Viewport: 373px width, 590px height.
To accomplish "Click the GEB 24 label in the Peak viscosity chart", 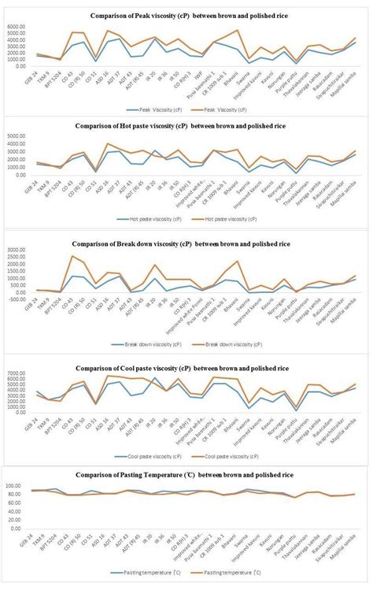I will pos(31,76).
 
